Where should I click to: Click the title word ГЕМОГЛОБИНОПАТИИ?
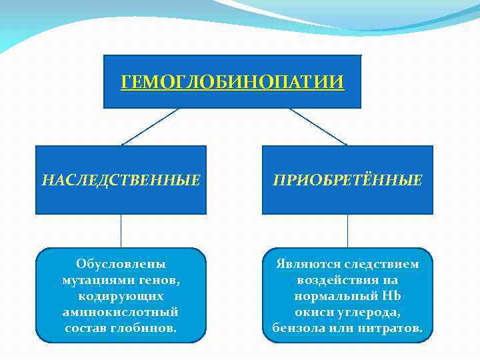point(233,82)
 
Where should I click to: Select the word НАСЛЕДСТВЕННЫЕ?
point(121,180)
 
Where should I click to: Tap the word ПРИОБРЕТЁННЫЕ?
point(347,180)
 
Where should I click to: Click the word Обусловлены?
point(121,264)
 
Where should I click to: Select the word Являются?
point(306,264)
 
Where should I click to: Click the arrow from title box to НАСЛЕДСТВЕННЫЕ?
point(149,127)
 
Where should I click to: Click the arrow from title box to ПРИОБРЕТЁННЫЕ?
point(319,127)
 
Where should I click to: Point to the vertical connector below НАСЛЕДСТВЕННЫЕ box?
point(121,231)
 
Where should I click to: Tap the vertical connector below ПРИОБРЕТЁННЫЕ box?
point(347,231)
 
